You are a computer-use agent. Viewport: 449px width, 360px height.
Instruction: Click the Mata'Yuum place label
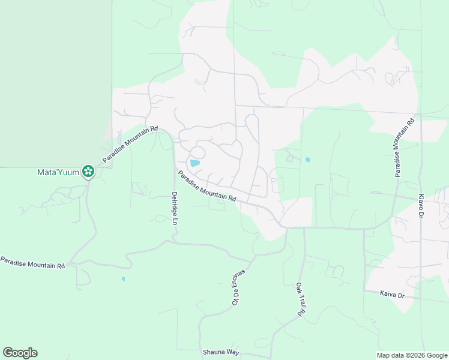tap(58, 172)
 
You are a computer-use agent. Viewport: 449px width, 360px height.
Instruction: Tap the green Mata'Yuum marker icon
tap(88, 172)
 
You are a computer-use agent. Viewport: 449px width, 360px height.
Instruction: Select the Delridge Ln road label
tap(175, 208)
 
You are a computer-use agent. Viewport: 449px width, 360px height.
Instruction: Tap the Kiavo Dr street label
tap(421, 206)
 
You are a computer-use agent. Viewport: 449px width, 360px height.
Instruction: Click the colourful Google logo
tap(20, 353)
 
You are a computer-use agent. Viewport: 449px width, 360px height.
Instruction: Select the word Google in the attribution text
tap(435, 355)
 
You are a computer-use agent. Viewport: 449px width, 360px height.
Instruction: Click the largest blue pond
tap(194, 163)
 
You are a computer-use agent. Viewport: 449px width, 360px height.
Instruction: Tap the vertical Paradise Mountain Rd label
tap(403, 148)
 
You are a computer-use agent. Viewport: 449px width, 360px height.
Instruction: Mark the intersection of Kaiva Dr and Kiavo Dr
tap(421, 298)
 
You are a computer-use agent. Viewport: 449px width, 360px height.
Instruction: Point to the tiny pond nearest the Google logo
tap(123, 279)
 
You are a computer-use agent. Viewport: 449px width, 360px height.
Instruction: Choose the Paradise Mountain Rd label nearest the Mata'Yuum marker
tap(130, 144)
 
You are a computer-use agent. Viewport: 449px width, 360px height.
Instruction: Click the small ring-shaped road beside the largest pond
tap(198, 152)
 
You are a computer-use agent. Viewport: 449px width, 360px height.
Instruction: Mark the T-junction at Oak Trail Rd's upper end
tap(304, 228)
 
